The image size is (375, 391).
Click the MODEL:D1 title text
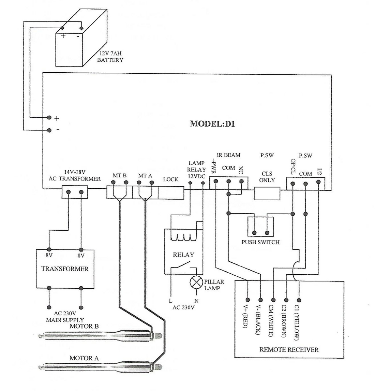[212, 124]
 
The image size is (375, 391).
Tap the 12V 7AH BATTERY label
[110, 57]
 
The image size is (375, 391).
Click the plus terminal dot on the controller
[49, 118]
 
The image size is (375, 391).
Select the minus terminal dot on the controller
[49, 130]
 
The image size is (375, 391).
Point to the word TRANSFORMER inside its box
[65, 269]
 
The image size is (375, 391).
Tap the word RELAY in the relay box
[183, 255]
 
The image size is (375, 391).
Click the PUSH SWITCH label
[260, 242]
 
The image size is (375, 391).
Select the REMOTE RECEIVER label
[289, 349]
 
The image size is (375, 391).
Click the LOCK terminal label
[170, 179]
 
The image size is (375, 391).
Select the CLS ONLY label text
[267, 177]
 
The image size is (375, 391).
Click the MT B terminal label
[120, 176]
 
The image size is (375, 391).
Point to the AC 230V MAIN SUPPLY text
[65, 317]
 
